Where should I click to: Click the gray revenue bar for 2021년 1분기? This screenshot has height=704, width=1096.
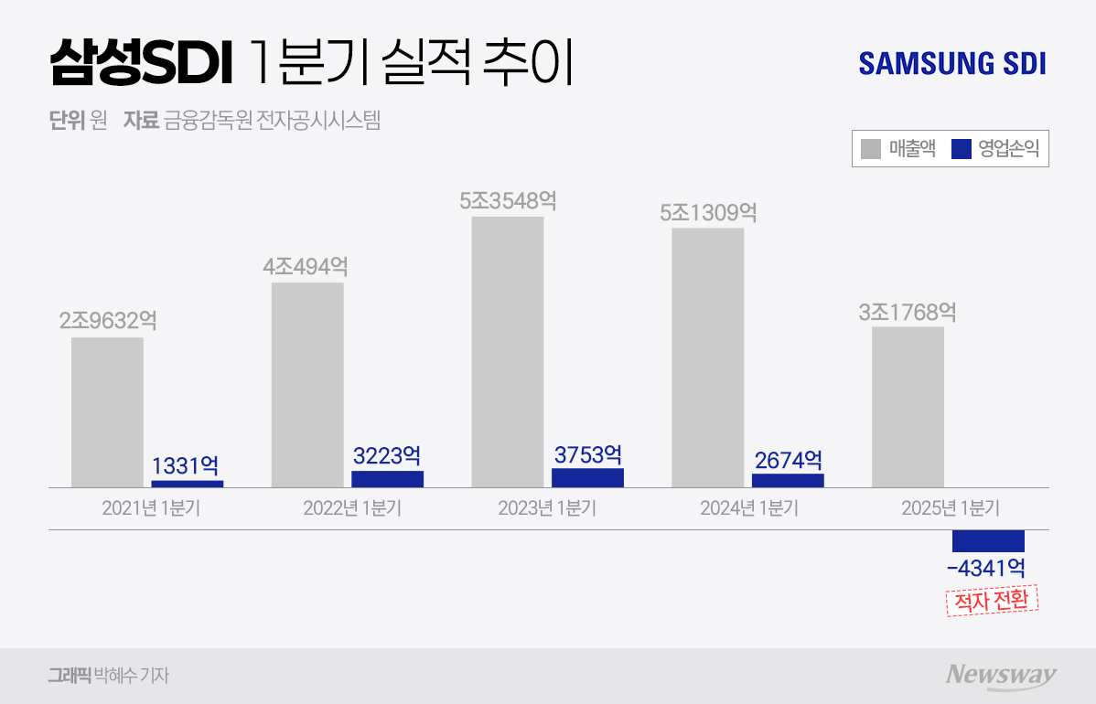pos(107,412)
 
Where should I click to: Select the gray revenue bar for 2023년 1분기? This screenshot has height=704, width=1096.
pos(508,352)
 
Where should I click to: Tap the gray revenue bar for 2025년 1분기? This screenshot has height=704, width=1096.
pos(908,407)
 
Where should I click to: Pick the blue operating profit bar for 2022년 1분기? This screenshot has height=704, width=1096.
pos(387,479)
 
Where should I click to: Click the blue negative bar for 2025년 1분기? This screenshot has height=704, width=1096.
pos(988,540)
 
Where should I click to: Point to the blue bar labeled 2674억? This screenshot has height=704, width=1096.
pos(788,480)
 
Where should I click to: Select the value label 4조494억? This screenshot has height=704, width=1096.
pos(306,267)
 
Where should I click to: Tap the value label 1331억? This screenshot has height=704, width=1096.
pos(185,466)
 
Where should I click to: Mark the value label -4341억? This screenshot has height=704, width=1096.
pos(986,568)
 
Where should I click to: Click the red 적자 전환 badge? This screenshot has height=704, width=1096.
pos(992,601)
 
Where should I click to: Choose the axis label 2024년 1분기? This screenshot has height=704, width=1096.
pos(749,509)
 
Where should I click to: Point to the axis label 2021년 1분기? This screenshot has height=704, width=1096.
pos(151,509)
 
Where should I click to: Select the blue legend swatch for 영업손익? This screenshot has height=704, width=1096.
pos(962,149)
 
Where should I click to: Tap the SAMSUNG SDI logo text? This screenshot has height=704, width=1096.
pos(952,64)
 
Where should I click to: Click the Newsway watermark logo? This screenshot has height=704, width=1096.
pos(1001,675)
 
